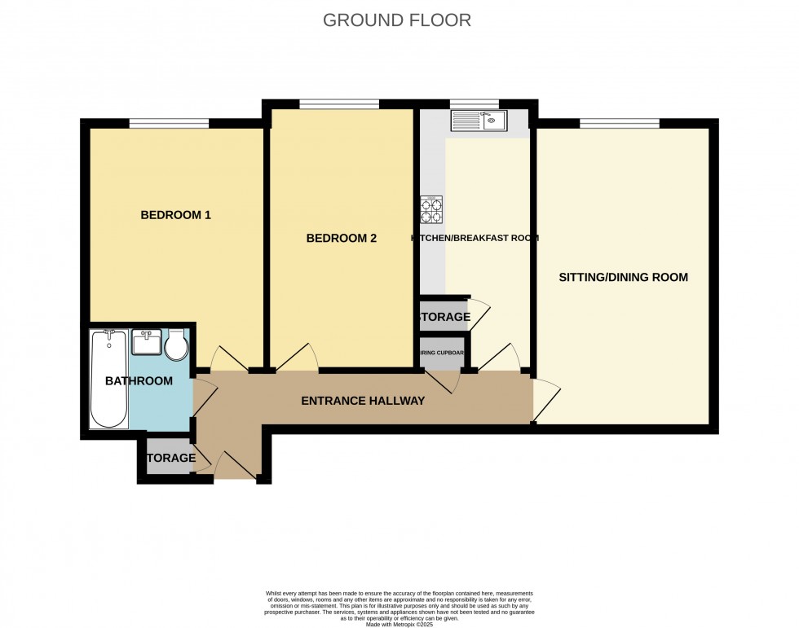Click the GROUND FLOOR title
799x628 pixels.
tap(397, 20)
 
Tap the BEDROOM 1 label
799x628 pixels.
tap(176, 215)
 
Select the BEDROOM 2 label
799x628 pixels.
tap(341, 239)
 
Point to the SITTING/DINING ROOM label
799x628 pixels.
tap(623, 277)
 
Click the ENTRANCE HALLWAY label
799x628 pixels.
tap(363, 401)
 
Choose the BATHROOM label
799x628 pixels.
tap(139, 380)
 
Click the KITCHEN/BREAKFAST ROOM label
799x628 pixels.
tap(475, 239)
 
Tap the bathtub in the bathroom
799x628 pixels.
tap(108, 379)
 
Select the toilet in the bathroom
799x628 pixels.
tap(176, 345)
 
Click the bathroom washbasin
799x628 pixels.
tap(146, 342)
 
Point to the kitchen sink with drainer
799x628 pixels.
tap(479, 121)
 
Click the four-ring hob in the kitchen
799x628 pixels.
tap(432, 210)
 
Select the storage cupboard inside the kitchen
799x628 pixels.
tap(444, 316)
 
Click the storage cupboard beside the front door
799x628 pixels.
tap(170, 458)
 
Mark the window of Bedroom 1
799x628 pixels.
tap(169, 123)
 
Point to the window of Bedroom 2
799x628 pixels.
tap(338, 103)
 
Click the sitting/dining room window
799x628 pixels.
tap(620, 123)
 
